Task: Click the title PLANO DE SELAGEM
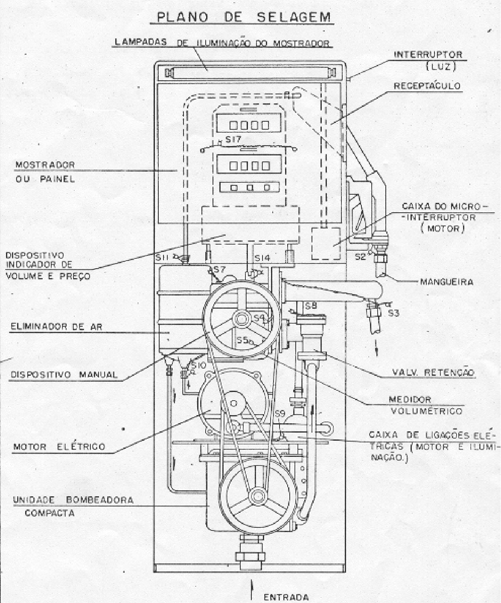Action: point(244,18)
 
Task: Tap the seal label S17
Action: point(233,140)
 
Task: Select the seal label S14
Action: point(262,258)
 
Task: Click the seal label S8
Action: point(311,305)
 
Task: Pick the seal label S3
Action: point(393,313)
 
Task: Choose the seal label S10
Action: point(198,366)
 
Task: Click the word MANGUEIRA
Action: point(447,282)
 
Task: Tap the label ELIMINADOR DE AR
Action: point(57,327)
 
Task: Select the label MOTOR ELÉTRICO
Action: point(59,447)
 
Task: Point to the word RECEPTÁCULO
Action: point(427,86)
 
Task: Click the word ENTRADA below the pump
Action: point(286,597)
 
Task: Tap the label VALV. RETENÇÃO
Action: point(434,372)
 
